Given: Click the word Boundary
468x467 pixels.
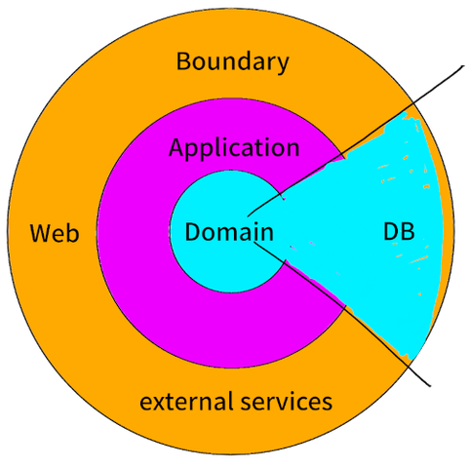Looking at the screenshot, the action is pyautogui.click(x=232, y=61).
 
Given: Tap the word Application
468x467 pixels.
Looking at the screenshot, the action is pyautogui.click(x=234, y=148).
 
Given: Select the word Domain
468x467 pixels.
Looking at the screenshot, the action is pyautogui.click(x=229, y=231).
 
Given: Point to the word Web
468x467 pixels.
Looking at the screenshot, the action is pyautogui.click(x=55, y=233).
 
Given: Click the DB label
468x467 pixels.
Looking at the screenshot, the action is pyautogui.click(x=399, y=231).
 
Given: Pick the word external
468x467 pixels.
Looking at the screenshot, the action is pyautogui.click(x=186, y=401).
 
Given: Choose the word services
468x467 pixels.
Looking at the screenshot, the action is pyautogui.click(x=287, y=401).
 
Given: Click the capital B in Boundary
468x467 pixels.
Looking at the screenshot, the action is pyautogui.click(x=183, y=60).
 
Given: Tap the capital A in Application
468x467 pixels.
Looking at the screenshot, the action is pyautogui.click(x=177, y=147).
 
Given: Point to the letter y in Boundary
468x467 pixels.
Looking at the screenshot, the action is pyautogui.click(x=282, y=65).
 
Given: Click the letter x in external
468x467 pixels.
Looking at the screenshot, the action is pyautogui.click(x=160, y=404).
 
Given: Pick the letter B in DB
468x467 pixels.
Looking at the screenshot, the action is pyautogui.click(x=409, y=231).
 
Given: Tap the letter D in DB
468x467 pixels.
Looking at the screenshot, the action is pyautogui.click(x=391, y=231).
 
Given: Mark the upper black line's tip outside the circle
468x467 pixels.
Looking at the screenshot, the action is pyautogui.click(x=463, y=66).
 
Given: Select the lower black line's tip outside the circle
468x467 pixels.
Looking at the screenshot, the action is pyautogui.click(x=430, y=386).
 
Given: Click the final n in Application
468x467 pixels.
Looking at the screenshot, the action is pyautogui.click(x=292, y=150).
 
